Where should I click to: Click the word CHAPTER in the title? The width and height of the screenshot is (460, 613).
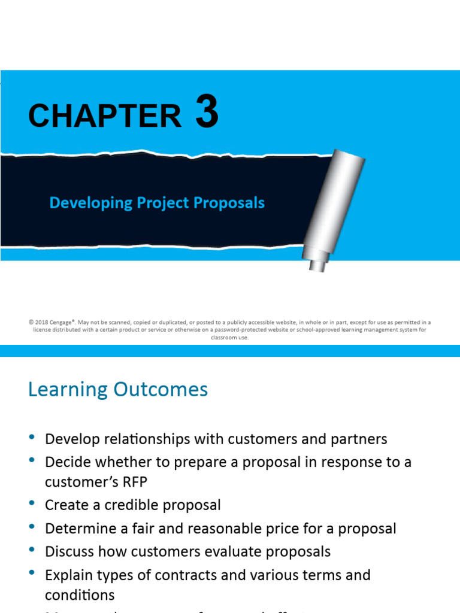click(x=105, y=116)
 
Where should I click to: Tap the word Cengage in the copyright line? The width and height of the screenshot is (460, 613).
click(x=64, y=322)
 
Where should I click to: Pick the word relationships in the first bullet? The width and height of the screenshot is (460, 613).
click(x=141, y=439)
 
